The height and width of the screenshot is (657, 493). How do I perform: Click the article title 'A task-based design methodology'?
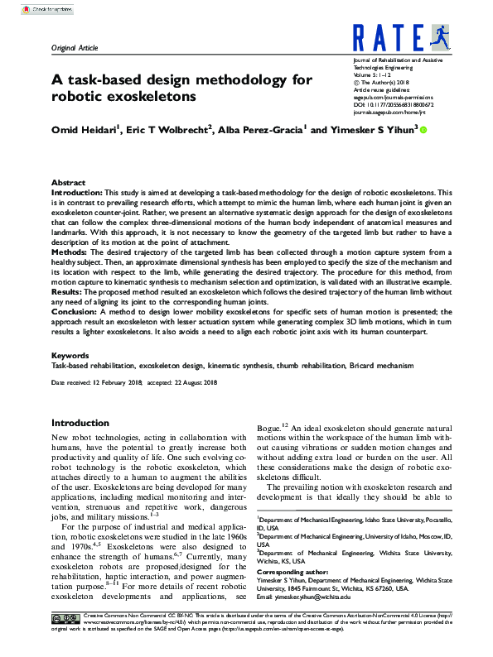point(181,80)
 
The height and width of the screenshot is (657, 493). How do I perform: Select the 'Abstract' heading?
point(68,182)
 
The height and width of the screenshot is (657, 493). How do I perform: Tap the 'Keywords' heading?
point(70,355)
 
